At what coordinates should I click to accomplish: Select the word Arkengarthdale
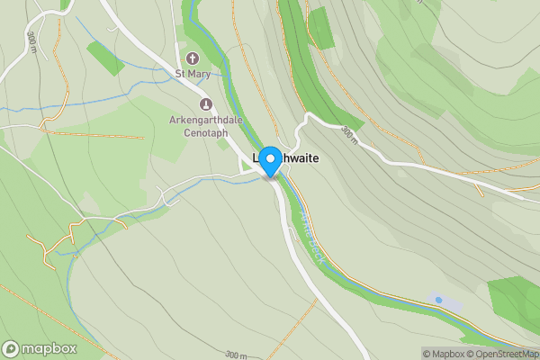click(x=205, y=119)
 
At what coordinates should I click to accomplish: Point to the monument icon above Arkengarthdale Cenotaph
click(x=205, y=103)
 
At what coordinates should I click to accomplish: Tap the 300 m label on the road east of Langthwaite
click(x=349, y=136)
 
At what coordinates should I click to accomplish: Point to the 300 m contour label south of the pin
click(x=236, y=355)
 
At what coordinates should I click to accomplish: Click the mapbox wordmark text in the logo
click(x=50, y=348)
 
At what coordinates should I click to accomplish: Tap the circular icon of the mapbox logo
click(x=12, y=348)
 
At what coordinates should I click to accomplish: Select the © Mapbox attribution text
click(x=443, y=354)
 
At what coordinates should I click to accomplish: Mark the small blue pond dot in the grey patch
click(x=438, y=300)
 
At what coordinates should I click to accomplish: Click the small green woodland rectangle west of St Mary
click(x=105, y=58)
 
